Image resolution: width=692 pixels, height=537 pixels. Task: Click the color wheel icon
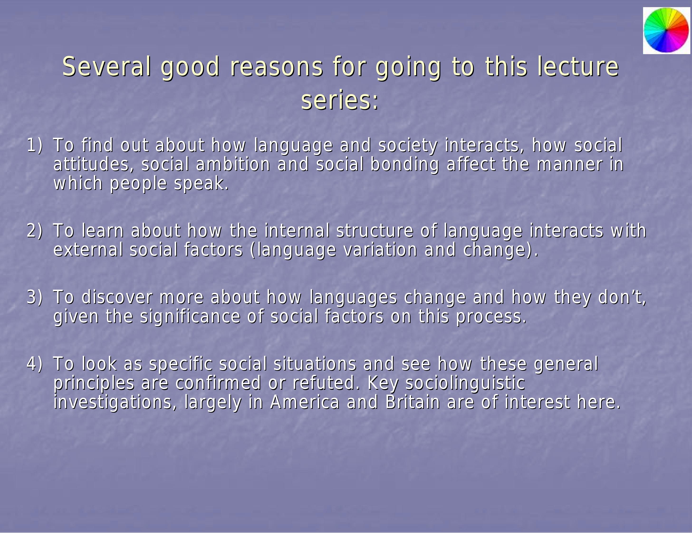pyautogui.click(x=666, y=30)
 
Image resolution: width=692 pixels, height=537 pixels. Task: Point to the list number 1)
pyautogui.click(x=34, y=145)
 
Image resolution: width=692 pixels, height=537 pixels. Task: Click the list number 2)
pyautogui.click(x=34, y=231)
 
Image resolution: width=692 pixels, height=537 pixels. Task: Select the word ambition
pyautogui.click(x=233, y=165)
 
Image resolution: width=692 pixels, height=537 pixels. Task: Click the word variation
pyautogui.click(x=380, y=250)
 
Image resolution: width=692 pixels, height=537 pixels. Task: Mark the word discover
pyautogui.click(x=117, y=298)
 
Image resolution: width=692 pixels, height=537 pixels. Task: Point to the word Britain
pyautogui.click(x=413, y=402)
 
